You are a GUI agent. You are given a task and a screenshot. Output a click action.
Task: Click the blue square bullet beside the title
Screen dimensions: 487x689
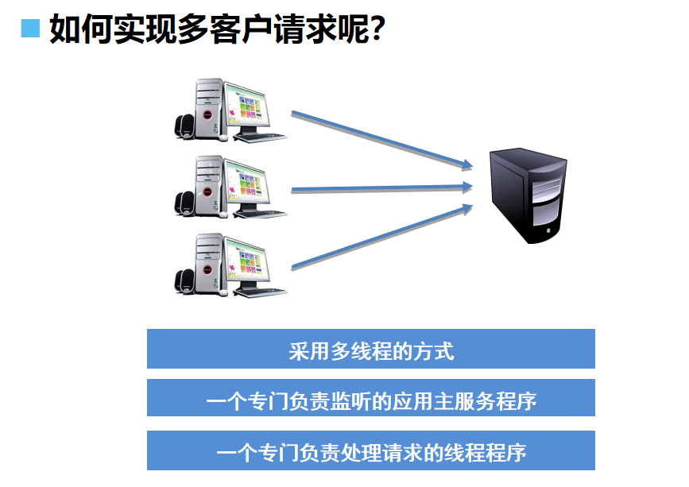pyautogui.click(x=30, y=28)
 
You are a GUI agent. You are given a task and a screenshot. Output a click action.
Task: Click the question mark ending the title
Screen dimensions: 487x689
pyautogui.click(x=377, y=29)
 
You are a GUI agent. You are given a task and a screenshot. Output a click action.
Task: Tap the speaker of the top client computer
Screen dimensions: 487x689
pyautogui.click(x=184, y=127)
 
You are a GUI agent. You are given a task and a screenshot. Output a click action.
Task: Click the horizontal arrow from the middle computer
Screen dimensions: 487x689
pyautogui.click(x=381, y=188)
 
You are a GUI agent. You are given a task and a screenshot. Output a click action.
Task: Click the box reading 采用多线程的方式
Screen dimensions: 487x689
pyautogui.click(x=370, y=350)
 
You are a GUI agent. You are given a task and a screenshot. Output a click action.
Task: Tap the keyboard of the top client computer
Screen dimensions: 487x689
pyautogui.click(x=261, y=135)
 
